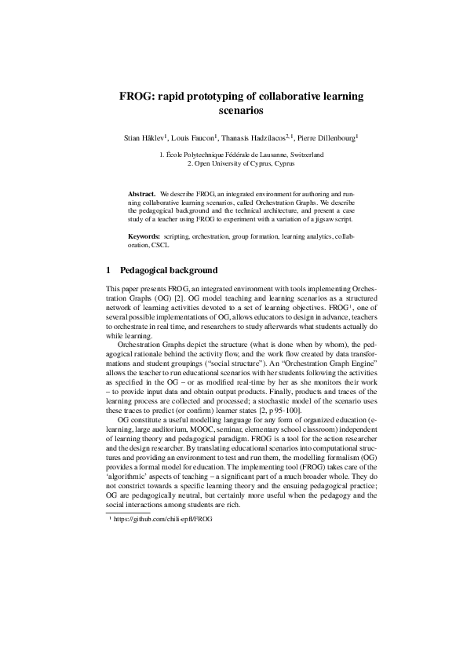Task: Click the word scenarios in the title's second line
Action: pos(233,111)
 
